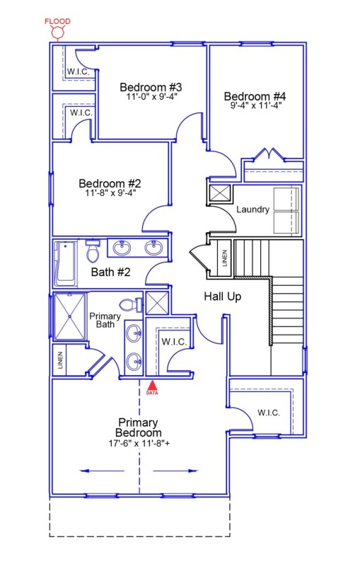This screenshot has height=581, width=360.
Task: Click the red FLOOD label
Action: click(x=58, y=21)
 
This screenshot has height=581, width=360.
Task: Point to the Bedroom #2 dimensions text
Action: click(x=110, y=192)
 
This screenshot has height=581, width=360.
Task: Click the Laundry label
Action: click(x=252, y=209)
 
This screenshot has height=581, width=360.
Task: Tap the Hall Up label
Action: click(x=222, y=297)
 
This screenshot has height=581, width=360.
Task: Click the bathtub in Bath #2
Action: click(x=66, y=263)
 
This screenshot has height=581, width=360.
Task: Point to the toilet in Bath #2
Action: click(x=93, y=251)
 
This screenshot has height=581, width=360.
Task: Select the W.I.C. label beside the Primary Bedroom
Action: click(x=268, y=413)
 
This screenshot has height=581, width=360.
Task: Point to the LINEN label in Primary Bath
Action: click(x=62, y=360)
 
